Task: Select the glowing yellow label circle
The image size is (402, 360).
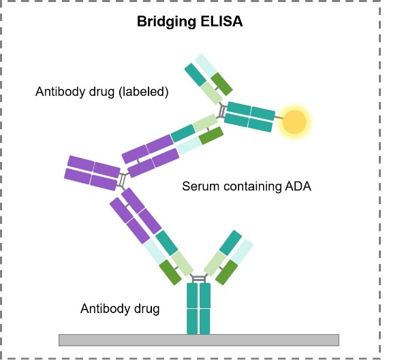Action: coord(294,121)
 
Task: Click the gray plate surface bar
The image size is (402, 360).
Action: coord(199,340)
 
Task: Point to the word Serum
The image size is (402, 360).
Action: coord(200,186)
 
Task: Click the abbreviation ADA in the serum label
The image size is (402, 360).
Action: coord(297,186)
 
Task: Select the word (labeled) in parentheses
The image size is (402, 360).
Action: coord(143,91)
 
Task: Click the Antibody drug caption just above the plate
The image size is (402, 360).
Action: coord(120,308)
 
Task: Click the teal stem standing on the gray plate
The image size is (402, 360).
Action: coord(199,308)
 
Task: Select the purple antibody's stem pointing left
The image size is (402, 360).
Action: coord(93,174)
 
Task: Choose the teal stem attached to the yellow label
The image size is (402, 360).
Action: coord(249,116)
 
